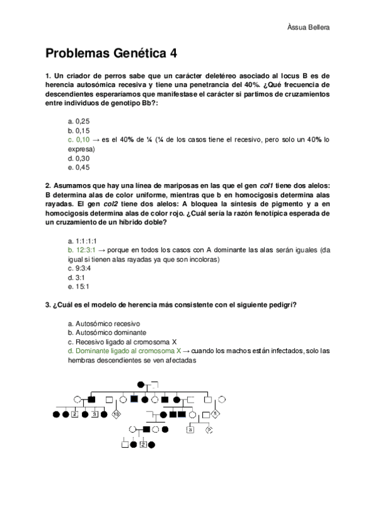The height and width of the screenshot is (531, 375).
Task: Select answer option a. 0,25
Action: point(78,121)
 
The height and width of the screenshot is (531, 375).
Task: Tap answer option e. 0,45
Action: point(79,167)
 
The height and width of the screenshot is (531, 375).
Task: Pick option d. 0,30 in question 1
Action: point(79,158)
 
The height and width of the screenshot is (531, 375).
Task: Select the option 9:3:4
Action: point(79,268)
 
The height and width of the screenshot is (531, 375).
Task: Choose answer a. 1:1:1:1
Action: point(82,241)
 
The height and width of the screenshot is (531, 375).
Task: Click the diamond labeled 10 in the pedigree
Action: point(116,414)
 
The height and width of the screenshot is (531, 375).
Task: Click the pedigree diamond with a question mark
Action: point(210,429)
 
